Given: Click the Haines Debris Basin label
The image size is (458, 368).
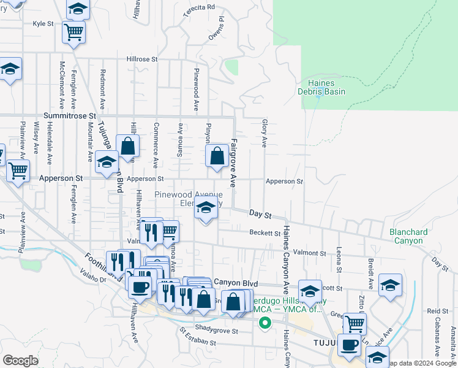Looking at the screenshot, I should pyautogui.click(x=321, y=87).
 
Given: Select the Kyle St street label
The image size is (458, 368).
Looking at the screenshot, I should pyautogui.click(x=43, y=24).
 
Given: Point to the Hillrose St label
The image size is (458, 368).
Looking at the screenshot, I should pyautogui.click(x=142, y=59).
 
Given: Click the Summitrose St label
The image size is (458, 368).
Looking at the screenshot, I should pyautogui.click(x=70, y=115).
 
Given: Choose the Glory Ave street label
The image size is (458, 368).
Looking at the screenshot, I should pyautogui.click(x=265, y=133).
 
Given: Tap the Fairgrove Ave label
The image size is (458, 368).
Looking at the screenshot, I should pyautogui.click(x=233, y=163).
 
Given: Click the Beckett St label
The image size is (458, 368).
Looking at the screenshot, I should pyautogui.click(x=265, y=232).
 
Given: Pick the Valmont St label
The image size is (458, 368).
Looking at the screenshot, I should pyautogui.click(x=309, y=253).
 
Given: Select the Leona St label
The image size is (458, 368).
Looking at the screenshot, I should pyautogui.click(x=339, y=260).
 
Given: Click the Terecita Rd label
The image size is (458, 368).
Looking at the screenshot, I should pyautogui.click(x=199, y=7).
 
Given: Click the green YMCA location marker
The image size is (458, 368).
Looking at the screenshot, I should pyautogui.click(x=265, y=323).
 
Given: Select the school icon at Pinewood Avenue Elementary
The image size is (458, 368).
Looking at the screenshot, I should pyautogui.click(x=206, y=210).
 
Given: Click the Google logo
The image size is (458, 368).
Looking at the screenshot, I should pyautogui.click(x=21, y=361).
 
